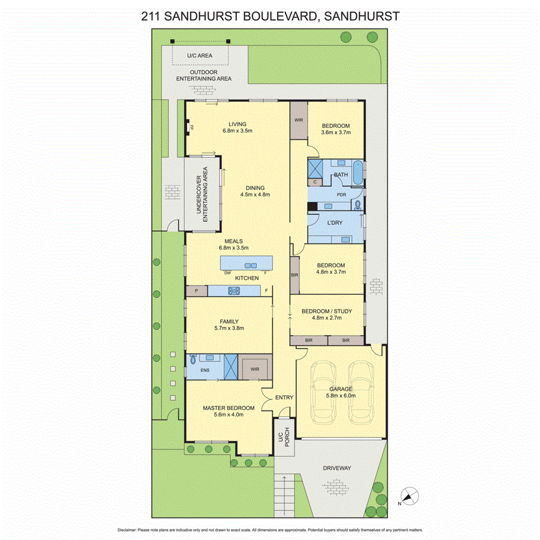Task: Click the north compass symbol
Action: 410,495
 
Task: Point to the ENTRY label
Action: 284,397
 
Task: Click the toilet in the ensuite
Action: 194,359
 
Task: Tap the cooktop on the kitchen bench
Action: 234,291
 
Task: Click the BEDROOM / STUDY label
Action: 326,311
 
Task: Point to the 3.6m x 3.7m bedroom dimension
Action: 336,133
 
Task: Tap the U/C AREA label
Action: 199,56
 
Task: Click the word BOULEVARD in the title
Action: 271,16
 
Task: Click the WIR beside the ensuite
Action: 255,368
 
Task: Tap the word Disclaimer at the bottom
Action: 127,530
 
